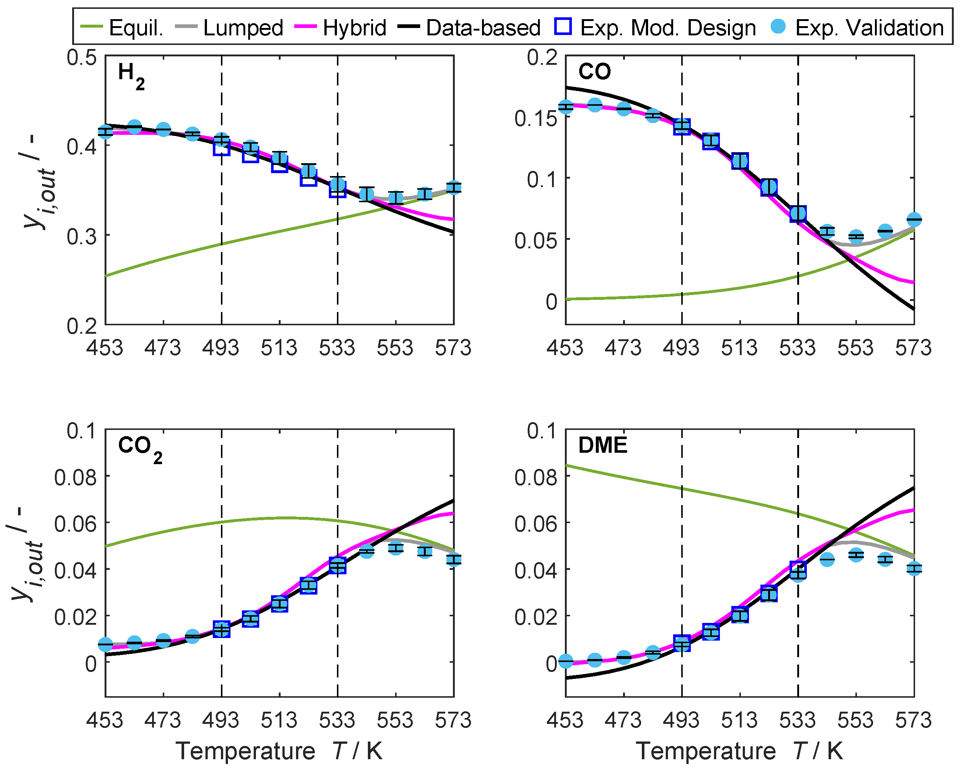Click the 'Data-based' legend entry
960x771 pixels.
483,28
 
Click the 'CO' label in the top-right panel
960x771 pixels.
594,71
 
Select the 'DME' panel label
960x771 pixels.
602,445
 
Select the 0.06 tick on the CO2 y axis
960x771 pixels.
75,523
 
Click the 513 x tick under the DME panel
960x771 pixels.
739,720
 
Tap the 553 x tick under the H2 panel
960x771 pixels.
395,348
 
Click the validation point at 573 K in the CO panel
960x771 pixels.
914,220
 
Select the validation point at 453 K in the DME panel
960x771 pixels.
566,662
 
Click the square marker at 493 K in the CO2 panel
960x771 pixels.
221,629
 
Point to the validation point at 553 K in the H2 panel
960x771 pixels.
395,198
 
